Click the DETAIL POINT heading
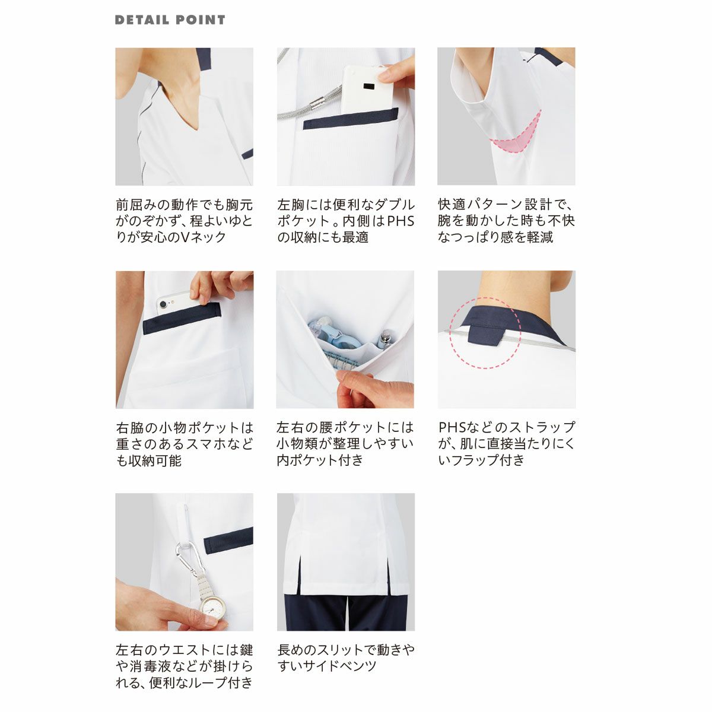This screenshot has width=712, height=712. [170, 20]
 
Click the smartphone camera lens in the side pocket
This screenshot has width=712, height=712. [163, 305]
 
